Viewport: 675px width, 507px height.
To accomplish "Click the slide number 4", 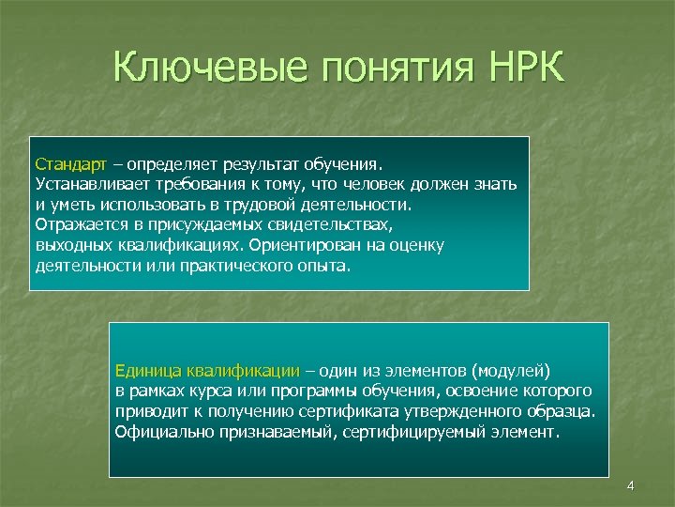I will click(630, 485).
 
